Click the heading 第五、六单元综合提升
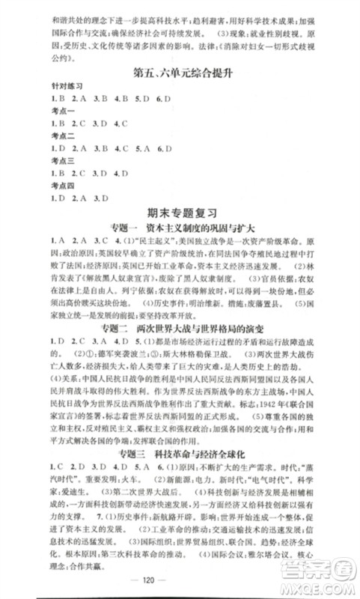tap(180, 74)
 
